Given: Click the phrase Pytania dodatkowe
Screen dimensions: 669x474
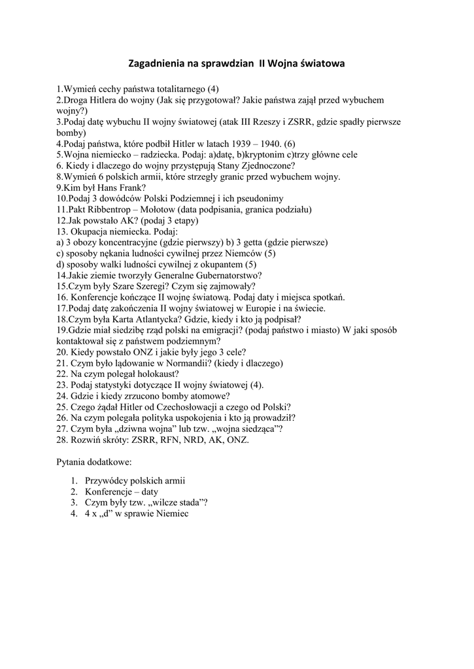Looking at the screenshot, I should point(94,463).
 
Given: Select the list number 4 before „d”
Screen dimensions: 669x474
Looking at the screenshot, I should point(74,514).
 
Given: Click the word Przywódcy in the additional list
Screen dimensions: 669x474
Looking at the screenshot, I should point(107,480).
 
